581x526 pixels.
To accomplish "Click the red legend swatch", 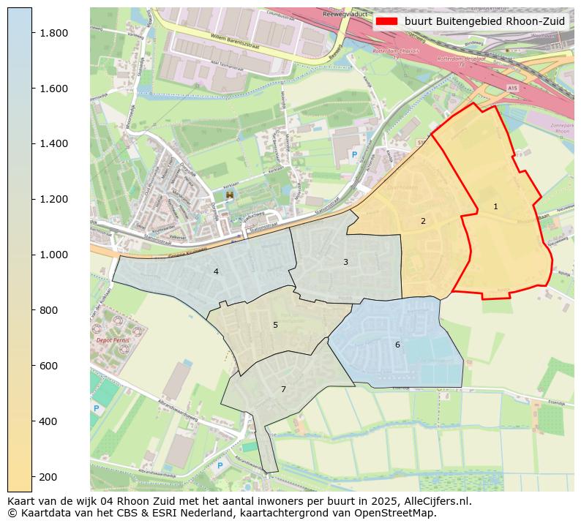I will click(387, 21).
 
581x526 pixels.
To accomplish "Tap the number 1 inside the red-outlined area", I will click(495, 206).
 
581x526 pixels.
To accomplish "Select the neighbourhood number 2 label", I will click(423, 221).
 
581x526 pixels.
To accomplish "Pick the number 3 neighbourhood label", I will click(345, 262).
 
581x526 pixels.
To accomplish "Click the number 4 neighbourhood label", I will click(216, 271).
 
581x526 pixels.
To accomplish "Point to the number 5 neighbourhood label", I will click(275, 325).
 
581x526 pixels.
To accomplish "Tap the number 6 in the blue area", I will click(397, 345).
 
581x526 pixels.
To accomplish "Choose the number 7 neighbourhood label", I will click(283, 389).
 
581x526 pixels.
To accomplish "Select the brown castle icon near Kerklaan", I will click(230, 195).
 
